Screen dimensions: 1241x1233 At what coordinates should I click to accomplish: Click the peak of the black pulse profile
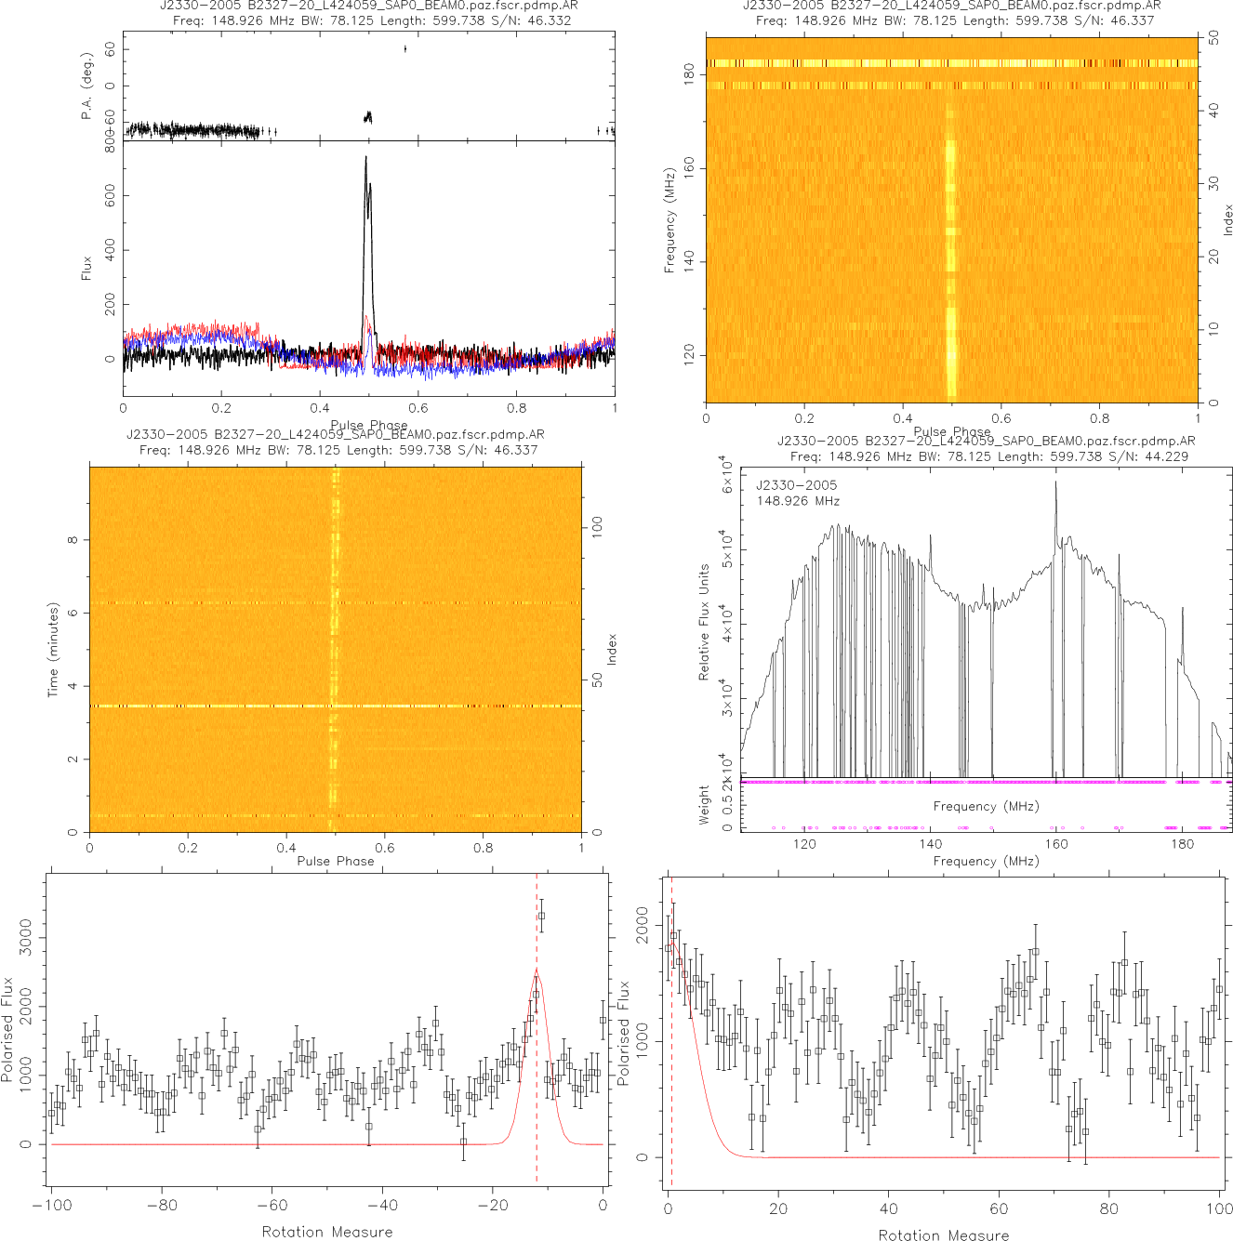[x=365, y=157]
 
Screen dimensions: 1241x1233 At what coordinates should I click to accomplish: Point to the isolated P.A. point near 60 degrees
[x=405, y=48]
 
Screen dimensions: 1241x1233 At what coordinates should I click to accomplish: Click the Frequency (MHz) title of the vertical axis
[x=670, y=220]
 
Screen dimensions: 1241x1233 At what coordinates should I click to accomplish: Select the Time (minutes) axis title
[x=53, y=650]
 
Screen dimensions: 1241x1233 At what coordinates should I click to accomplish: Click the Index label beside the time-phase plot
[x=612, y=649]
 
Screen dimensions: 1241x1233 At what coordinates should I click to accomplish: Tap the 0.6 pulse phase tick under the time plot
[x=385, y=847]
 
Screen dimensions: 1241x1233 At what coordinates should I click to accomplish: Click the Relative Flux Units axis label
[x=704, y=622]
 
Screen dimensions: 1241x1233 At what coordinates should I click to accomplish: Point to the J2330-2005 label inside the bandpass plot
[x=796, y=485]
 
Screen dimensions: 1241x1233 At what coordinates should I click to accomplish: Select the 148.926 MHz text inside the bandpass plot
[x=798, y=501]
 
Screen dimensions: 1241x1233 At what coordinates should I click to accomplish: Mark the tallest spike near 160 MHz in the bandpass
[x=1055, y=482]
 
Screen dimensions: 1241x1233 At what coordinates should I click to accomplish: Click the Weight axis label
[x=704, y=804]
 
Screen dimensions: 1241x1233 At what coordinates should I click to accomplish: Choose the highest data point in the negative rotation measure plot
[x=541, y=916]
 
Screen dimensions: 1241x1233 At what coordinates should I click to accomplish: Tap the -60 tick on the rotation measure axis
[x=272, y=1206]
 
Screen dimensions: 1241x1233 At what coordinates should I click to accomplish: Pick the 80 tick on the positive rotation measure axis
[x=1109, y=1208]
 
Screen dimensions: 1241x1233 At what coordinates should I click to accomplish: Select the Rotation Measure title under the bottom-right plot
[x=943, y=1234]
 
